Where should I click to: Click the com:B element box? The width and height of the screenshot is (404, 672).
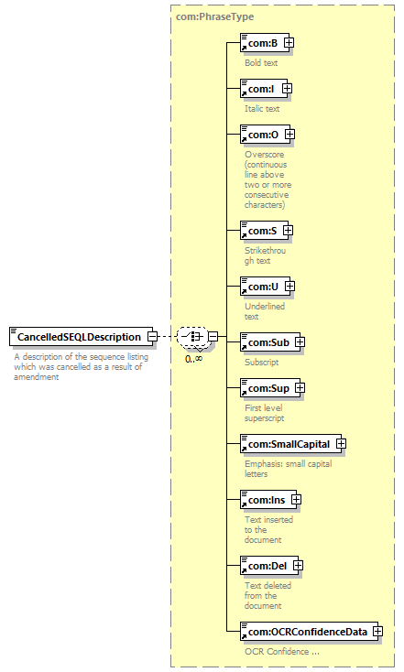265,43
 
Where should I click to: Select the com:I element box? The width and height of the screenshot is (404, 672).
264,89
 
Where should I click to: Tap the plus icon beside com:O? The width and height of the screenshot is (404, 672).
289,135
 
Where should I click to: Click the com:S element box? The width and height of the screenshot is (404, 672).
264,231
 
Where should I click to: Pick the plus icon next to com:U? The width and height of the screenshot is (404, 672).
289,286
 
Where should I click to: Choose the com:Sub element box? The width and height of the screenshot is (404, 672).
270,342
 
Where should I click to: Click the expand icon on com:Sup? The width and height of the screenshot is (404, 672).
300,387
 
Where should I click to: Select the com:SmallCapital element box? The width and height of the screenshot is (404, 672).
290,443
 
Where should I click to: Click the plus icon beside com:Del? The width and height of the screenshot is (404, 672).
298,565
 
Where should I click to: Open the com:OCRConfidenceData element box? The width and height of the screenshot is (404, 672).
310,632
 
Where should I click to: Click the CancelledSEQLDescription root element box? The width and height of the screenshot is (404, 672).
81,337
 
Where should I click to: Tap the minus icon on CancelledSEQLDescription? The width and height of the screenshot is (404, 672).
152,336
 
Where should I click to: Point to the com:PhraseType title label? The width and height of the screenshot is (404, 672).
215,16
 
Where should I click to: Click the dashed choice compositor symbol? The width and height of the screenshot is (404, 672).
192,336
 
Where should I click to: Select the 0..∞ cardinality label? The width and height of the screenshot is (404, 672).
194,359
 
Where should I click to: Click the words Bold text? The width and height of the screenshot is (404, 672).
261,62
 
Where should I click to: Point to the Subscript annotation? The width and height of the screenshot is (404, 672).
262,363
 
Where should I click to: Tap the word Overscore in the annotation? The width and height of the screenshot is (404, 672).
264,155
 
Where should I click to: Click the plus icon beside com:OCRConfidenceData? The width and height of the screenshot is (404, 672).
377,632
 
